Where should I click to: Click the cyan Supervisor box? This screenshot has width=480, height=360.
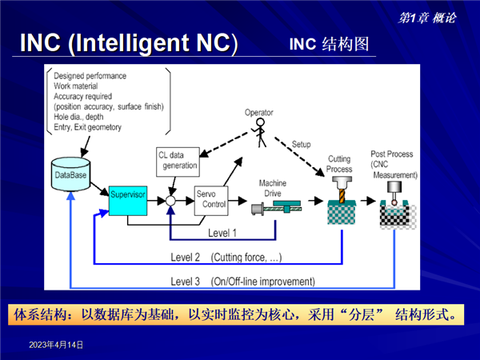point(128,201)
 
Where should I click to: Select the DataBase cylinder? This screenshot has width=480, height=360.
point(70,174)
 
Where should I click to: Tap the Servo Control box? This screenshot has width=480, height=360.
point(211,201)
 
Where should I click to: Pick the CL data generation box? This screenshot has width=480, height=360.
point(178,162)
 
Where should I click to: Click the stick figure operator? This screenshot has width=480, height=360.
point(260,133)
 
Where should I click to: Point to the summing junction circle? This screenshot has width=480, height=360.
point(170,201)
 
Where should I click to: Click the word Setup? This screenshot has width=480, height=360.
point(302,144)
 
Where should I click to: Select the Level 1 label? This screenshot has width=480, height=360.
point(222,233)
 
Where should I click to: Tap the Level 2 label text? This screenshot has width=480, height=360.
point(186,257)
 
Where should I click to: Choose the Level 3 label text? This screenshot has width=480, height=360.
point(186,282)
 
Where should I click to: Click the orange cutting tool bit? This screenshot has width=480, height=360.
point(342,196)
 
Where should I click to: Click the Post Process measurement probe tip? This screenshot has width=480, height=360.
point(394,202)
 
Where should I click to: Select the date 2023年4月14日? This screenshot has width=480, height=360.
point(56,345)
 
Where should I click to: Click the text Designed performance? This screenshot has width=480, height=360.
point(90,76)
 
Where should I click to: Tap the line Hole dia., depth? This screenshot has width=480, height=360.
point(78,117)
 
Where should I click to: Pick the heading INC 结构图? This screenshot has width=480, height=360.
point(329,44)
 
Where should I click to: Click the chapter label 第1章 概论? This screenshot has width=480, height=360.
point(427,18)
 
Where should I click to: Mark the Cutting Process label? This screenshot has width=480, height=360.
point(339,164)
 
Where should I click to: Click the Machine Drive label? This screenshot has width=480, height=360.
point(273,188)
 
